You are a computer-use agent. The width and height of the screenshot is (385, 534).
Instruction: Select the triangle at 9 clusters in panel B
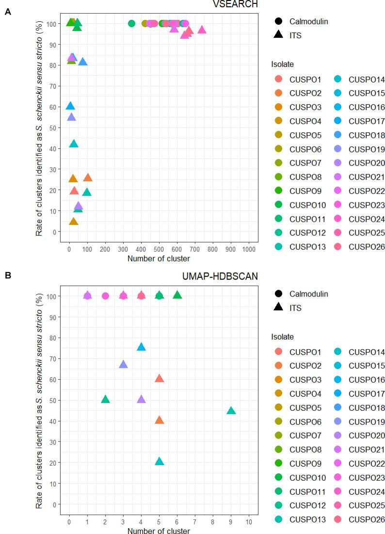231,411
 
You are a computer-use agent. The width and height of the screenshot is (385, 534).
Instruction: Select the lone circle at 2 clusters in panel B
105,296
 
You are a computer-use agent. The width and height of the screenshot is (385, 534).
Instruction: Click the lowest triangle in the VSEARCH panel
74,222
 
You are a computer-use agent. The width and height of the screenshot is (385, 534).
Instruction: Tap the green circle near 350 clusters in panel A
131,23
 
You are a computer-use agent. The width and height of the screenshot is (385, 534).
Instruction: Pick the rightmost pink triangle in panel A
202,30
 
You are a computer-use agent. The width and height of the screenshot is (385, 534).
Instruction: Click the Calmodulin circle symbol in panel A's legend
279,21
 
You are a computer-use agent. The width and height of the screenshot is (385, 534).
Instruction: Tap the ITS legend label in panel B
295,307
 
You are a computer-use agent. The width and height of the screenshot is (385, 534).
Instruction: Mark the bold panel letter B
7,275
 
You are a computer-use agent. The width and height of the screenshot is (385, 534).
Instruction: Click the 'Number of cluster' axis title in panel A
159,259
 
